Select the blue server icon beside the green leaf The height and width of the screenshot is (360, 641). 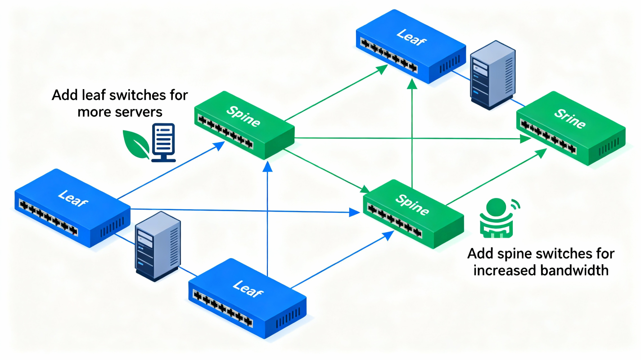point(163,142)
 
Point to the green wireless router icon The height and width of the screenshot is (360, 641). point(497,217)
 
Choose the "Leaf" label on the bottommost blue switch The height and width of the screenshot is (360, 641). point(245,288)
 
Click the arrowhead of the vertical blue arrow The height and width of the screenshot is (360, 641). point(268,166)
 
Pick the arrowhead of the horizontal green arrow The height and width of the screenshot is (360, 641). point(526,140)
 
